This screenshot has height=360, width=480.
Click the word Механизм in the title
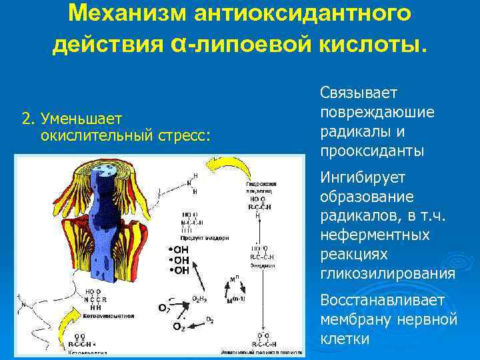(x=121, y=13)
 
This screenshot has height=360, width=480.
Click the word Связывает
(x=358, y=91)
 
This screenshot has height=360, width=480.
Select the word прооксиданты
(x=371, y=151)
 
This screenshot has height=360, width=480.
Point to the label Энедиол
(x=263, y=265)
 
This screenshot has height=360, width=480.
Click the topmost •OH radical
(x=178, y=249)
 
